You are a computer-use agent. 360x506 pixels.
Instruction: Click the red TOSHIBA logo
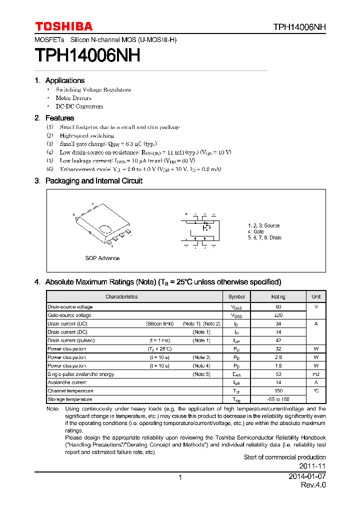click(x=63, y=26)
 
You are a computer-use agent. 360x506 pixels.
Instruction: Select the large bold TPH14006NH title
click(x=87, y=55)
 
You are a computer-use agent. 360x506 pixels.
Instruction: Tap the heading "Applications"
click(x=64, y=80)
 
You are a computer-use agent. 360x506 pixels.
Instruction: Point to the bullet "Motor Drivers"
click(x=73, y=98)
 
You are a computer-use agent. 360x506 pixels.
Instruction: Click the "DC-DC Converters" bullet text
click(x=79, y=106)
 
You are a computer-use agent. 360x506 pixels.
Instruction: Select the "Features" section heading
click(x=59, y=118)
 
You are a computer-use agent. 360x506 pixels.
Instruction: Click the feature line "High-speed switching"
click(x=87, y=135)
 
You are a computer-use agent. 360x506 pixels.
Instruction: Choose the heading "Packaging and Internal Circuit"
click(x=93, y=181)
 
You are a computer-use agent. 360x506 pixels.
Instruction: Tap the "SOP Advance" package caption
click(x=102, y=258)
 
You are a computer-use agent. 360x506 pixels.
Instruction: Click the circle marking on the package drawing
click(x=105, y=229)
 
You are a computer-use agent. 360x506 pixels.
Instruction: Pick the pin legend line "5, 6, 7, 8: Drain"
click(x=264, y=237)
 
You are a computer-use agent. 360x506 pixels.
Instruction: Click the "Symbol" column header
click(x=236, y=296)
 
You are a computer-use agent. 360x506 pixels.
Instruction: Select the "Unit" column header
click(x=316, y=296)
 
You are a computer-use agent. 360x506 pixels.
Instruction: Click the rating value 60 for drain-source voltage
click(x=278, y=307)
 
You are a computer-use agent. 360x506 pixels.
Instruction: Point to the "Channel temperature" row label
click(x=69, y=391)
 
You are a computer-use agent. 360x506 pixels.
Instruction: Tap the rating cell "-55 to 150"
click(x=278, y=399)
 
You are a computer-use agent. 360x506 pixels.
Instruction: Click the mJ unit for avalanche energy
click(x=316, y=374)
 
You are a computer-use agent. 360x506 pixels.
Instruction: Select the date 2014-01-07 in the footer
click(x=307, y=477)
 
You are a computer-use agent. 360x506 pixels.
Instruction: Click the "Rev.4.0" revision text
click(x=313, y=485)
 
